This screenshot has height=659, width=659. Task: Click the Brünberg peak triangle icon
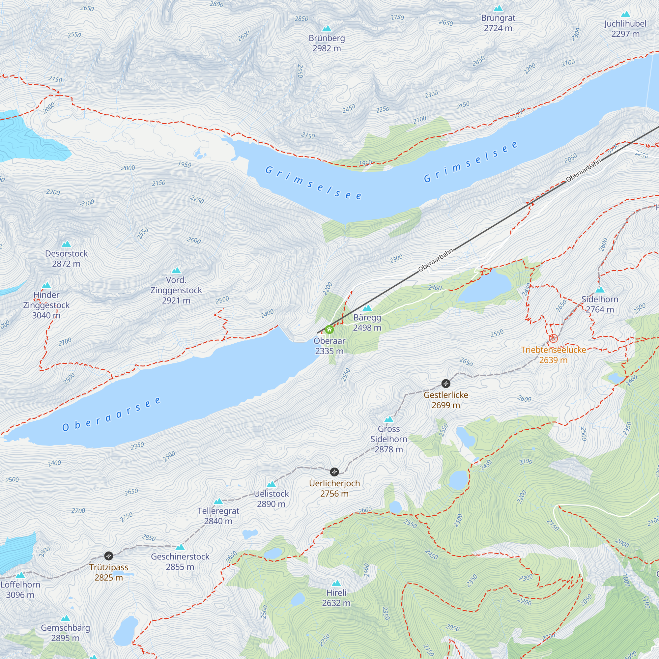pyautogui.click(x=327, y=28)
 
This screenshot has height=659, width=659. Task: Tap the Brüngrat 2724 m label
pyautogui.click(x=498, y=23)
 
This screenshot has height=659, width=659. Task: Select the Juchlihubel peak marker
pyautogui.click(x=625, y=14)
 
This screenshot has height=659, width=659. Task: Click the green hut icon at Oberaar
pyautogui.click(x=329, y=329)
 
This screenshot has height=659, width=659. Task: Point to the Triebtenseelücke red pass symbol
pyautogui.click(x=553, y=338)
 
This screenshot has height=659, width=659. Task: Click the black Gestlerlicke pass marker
pyautogui.click(x=446, y=384)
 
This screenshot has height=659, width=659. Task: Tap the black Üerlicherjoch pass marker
pyautogui.click(x=334, y=472)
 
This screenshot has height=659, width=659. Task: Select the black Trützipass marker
pyautogui.click(x=108, y=556)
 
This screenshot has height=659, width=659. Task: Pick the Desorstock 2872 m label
pyautogui.click(x=67, y=259)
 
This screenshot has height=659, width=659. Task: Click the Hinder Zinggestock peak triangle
pyautogui.click(x=46, y=285)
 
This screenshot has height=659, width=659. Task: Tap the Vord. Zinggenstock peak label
pyautogui.click(x=176, y=290)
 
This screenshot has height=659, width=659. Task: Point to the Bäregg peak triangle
pyautogui.click(x=367, y=308)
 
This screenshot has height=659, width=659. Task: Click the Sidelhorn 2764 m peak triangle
pyautogui.click(x=600, y=290)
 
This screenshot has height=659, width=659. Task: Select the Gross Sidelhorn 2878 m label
pyautogui.click(x=388, y=439)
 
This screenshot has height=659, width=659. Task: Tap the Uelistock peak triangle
pyautogui.click(x=271, y=484)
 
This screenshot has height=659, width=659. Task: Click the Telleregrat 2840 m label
pyautogui.click(x=218, y=516)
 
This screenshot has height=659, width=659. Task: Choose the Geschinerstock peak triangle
pyautogui.click(x=180, y=547)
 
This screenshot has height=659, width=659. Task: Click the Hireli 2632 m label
pyautogui.click(x=336, y=598)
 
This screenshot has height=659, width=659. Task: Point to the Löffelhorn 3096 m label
pyautogui.click(x=20, y=589)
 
